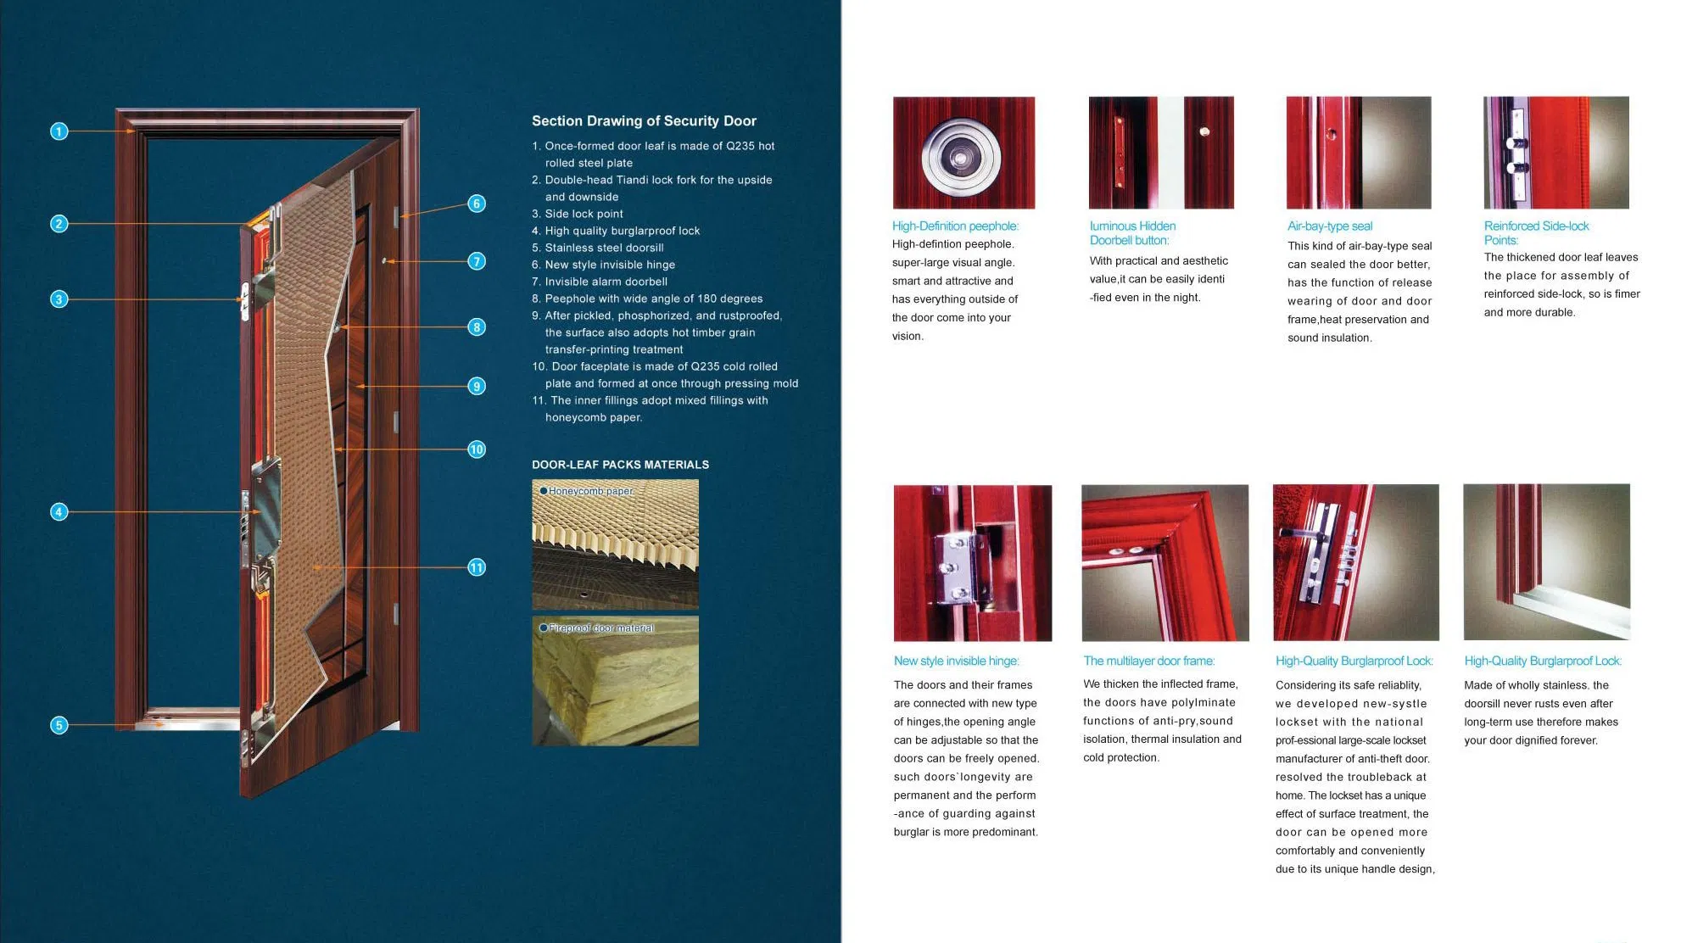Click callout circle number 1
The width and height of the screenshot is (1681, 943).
coord(59,131)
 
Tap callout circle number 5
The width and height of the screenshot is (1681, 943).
coord(59,725)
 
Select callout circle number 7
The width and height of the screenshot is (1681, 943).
coord(477,261)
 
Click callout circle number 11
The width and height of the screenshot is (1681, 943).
coord(477,567)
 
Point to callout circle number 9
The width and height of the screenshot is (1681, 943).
coord(477,386)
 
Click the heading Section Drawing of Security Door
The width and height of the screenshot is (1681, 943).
coord(644,121)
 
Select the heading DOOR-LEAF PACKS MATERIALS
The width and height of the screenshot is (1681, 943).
coord(620,465)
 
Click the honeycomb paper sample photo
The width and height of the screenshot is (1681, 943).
coord(615,544)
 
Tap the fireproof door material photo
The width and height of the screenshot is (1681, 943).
coord(615,681)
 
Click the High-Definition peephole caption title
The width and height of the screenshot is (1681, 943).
coord(955,226)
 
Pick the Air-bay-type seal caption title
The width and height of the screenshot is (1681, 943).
coord(1329,226)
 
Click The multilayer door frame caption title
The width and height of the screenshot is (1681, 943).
coord(1148,661)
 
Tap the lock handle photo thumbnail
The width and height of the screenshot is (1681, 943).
coord(1355,562)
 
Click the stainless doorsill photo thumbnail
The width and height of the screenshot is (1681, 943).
coord(1546,562)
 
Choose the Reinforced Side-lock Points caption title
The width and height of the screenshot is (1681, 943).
coord(1536,232)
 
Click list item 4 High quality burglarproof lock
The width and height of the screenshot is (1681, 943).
coord(622,231)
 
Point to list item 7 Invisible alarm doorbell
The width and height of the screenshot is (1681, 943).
coord(606,282)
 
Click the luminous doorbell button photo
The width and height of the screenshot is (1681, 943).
coord(1160,153)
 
